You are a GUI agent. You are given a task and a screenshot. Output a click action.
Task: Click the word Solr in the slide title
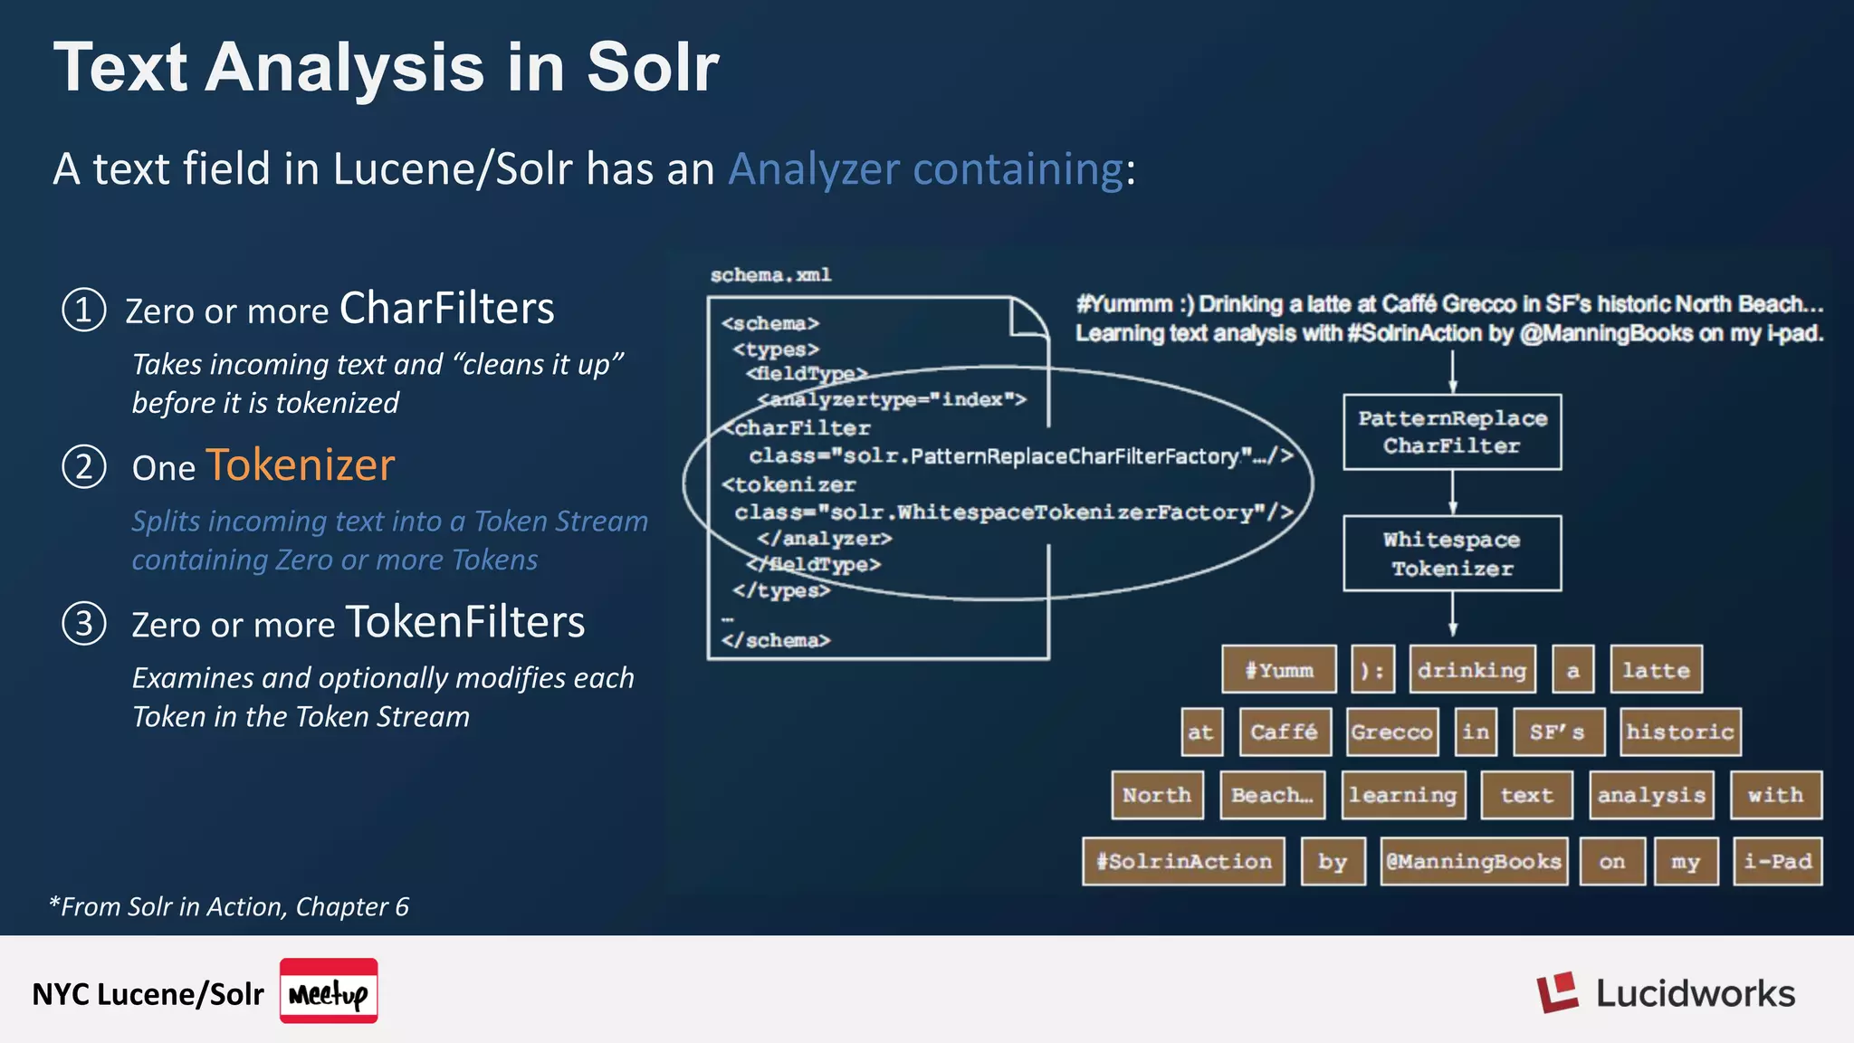[x=652, y=68]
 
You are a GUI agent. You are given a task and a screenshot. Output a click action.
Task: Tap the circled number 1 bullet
[x=84, y=310]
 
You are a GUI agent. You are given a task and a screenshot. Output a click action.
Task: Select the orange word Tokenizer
[x=300, y=465]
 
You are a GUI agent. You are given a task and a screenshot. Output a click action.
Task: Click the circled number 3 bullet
[x=84, y=624]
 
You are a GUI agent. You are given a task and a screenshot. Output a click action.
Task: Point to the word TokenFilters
[x=464, y=623]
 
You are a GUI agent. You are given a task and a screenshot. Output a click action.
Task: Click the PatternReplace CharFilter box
[x=1451, y=432]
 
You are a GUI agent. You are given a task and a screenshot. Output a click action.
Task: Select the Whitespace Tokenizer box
[x=1451, y=553]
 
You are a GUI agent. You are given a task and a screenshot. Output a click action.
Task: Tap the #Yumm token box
[x=1278, y=670]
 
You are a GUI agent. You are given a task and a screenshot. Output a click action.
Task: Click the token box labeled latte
[x=1656, y=670]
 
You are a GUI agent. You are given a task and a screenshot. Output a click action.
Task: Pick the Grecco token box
[x=1391, y=732]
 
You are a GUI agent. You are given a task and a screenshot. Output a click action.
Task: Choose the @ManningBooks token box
[x=1473, y=861]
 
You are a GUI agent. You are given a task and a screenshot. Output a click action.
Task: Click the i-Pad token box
[x=1777, y=861]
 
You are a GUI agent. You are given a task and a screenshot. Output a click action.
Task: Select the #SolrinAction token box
[x=1183, y=861]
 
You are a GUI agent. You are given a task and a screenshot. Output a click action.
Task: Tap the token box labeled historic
[x=1679, y=732]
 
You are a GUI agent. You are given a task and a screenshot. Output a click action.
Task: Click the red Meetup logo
[x=329, y=991]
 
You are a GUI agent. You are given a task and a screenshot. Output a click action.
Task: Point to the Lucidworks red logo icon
[x=1556, y=993]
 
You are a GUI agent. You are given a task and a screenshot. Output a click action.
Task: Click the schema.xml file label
[x=770, y=275]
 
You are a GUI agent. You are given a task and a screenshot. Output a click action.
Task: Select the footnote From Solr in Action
[x=229, y=906]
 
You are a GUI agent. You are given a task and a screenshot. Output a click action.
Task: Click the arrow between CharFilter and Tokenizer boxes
[x=1452, y=493]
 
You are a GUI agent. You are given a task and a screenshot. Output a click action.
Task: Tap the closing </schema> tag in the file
[x=776, y=641]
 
